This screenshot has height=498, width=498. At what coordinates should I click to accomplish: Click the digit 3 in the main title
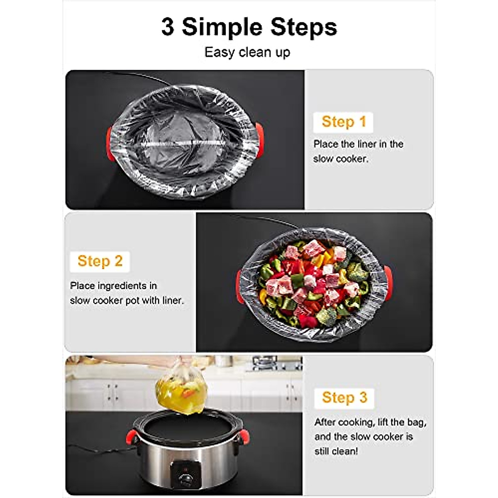168,27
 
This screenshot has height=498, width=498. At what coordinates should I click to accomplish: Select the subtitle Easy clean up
247,52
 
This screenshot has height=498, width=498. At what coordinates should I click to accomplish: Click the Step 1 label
344,122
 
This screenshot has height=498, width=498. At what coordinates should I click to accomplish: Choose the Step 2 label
100,261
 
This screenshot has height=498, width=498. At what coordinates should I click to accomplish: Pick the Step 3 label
344,398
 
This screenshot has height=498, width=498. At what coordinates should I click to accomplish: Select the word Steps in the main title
304,27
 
